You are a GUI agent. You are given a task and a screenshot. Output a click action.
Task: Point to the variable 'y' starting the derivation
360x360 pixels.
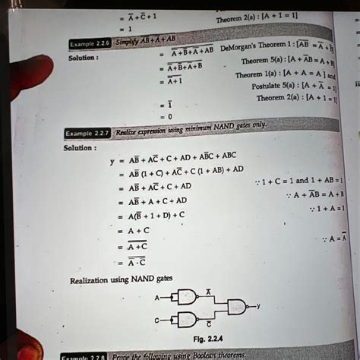click(x=111, y=161)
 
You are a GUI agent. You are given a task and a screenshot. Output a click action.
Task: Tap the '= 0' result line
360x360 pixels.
click(x=165, y=117)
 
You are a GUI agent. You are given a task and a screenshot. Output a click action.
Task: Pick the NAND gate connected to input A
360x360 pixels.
click(x=186, y=297)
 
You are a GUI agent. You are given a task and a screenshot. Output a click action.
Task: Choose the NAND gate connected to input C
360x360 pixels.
click(x=186, y=319)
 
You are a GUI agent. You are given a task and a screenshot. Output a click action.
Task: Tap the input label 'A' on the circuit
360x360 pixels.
click(x=156, y=297)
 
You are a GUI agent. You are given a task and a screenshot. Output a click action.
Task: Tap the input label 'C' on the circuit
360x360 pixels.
click(x=156, y=320)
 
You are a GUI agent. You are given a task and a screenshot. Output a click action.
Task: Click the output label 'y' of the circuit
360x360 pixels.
click(x=258, y=306)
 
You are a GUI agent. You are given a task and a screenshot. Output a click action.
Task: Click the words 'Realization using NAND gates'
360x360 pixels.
click(x=121, y=280)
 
